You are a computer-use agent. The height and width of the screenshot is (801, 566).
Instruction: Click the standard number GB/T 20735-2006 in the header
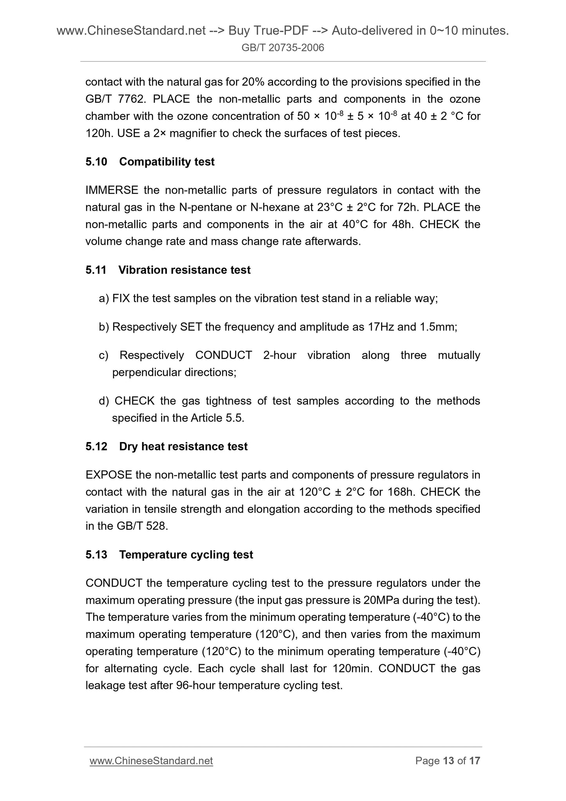283,48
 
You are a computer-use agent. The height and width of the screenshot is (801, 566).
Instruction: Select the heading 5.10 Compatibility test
150,162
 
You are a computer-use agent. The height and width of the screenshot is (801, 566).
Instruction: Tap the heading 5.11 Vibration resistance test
168,270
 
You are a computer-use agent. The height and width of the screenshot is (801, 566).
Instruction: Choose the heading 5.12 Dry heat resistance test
166,446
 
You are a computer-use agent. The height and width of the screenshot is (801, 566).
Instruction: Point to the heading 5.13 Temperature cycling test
169,555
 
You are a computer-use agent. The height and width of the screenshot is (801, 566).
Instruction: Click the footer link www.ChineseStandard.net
151,761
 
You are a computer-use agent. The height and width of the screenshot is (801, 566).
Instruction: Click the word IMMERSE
112,190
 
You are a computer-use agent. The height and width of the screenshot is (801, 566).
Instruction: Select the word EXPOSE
108,475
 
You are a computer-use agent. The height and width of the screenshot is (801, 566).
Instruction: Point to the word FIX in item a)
121,299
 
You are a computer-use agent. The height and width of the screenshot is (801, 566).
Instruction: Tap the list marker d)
104,401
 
